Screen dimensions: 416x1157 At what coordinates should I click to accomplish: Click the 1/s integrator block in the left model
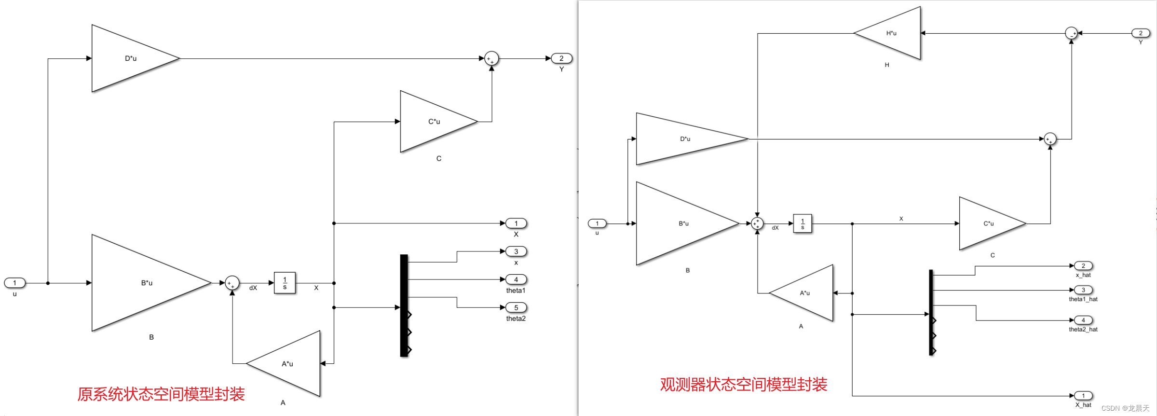(285, 283)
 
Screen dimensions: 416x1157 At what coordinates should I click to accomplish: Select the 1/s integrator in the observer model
(803, 223)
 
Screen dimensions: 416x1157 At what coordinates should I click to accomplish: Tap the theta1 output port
(516, 279)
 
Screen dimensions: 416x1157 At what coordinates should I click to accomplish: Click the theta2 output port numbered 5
(516, 307)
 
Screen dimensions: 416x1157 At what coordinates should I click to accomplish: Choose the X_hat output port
(1083, 396)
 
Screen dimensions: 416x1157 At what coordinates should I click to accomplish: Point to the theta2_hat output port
(1083, 320)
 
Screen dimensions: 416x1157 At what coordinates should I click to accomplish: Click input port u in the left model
(14, 283)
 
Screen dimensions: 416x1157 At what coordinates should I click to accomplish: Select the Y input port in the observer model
(1141, 33)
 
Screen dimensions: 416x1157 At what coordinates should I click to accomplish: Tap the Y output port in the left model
(561, 58)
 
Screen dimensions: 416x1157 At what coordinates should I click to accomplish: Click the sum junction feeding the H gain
(1071, 33)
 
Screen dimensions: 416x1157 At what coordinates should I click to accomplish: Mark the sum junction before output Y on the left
(491, 59)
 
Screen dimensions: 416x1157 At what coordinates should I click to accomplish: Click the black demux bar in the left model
(404, 305)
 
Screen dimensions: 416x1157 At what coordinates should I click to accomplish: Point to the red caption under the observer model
(743, 385)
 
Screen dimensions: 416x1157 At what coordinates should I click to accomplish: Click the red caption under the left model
(161, 394)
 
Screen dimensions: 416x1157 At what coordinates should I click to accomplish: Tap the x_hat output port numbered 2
(1083, 266)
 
